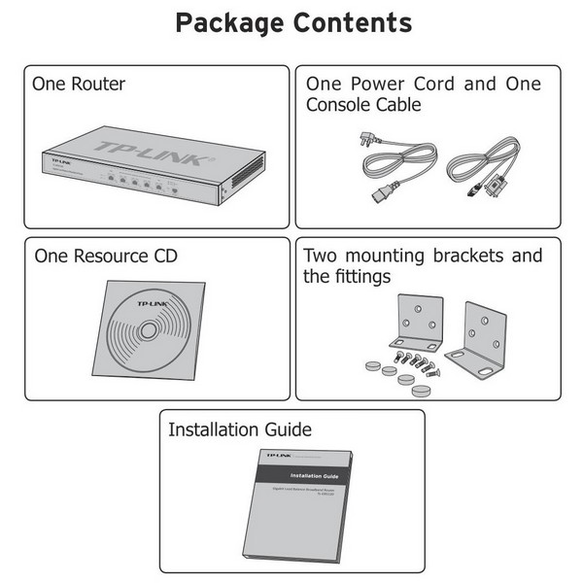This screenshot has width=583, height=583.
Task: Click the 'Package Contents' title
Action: point(292,22)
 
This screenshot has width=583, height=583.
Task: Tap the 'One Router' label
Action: point(79,84)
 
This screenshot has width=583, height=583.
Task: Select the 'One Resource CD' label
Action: point(106,257)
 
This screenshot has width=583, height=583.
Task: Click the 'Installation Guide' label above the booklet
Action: point(240,429)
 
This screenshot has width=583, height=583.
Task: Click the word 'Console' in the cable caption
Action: point(338,105)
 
